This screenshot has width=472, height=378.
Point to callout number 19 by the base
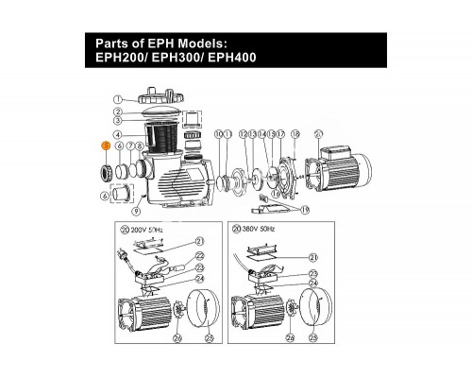[304, 209]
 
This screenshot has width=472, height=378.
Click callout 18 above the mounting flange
[295, 135]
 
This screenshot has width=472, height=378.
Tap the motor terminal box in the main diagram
[335, 154]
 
